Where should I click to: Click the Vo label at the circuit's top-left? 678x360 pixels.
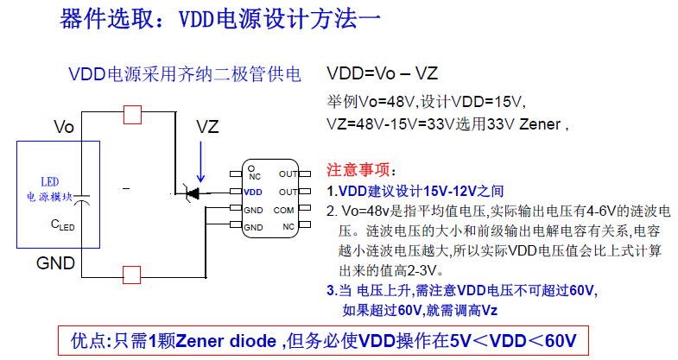coord(64,128)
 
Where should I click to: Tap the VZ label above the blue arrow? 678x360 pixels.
coord(207,127)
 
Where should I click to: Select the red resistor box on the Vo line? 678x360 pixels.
coord(132,113)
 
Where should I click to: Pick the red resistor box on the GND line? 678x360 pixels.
coord(132,275)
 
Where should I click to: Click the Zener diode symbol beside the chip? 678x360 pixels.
coord(193,192)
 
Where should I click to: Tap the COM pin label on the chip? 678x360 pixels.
coord(284,210)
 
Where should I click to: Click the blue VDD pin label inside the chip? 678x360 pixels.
coord(253,192)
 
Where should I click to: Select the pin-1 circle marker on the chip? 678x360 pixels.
coord(249,167)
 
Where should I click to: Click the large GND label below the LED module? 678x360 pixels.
coord(55,262)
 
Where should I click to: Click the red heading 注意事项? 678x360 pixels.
coord(361,168)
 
